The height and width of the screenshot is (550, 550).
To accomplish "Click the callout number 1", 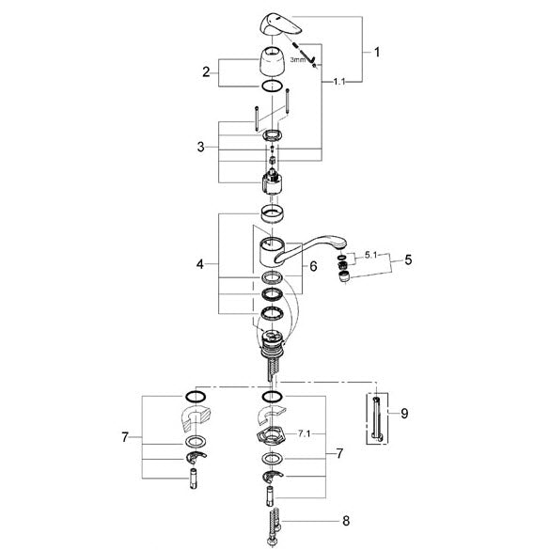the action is pyautogui.click(x=377, y=53).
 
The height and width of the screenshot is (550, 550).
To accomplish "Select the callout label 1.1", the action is pyautogui.click(x=339, y=82).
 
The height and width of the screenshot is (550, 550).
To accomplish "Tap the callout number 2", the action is pyautogui.click(x=206, y=72).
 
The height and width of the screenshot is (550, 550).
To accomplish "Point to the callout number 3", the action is pyautogui.click(x=200, y=147).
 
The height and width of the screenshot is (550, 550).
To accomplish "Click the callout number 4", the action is pyautogui.click(x=200, y=264).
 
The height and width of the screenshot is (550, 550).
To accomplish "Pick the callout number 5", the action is pyautogui.click(x=408, y=259).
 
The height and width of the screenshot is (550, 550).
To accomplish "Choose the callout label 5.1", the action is pyautogui.click(x=370, y=255).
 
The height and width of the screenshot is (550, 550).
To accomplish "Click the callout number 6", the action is pyautogui.click(x=313, y=266).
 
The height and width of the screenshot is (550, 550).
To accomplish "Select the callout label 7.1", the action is pyautogui.click(x=304, y=434).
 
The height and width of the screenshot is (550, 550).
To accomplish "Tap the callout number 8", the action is pyautogui.click(x=346, y=521).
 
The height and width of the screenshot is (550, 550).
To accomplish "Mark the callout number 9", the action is pyautogui.click(x=404, y=413).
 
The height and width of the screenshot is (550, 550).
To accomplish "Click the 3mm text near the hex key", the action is pyautogui.click(x=297, y=60).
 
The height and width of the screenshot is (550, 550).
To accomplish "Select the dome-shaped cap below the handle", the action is pyautogui.click(x=273, y=61).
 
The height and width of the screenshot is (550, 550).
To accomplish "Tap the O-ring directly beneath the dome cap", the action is pyautogui.click(x=273, y=86).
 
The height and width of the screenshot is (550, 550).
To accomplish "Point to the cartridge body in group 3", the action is pyautogui.click(x=272, y=181).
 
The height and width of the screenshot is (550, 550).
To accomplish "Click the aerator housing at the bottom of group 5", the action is pyautogui.click(x=344, y=276).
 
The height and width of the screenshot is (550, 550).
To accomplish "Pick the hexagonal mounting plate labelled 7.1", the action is pyautogui.click(x=272, y=436).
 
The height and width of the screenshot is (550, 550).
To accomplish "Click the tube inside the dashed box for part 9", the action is pyautogui.click(x=377, y=418).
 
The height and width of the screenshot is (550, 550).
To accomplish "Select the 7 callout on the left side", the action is pyautogui.click(x=125, y=437).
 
